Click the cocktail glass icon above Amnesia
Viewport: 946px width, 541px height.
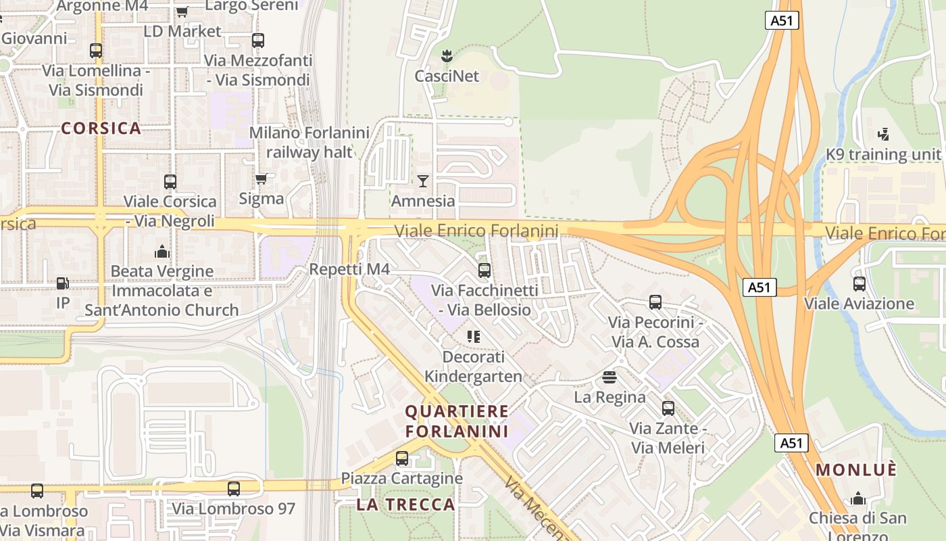(x=423, y=181)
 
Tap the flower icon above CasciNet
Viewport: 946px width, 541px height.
(x=446, y=54)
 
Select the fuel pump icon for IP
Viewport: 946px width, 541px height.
(x=62, y=283)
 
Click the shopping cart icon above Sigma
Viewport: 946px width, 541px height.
(x=261, y=179)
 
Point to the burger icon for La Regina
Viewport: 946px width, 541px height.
(x=609, y=377)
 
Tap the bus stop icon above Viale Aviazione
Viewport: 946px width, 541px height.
(x=859, y=283)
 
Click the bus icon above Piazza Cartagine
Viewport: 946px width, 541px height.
(x=402, y=458)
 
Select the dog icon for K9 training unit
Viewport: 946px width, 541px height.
(x=883, y=134)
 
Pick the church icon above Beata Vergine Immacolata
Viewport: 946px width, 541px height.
(x=161, y=252)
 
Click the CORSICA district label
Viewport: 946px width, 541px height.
(x=101, y=128)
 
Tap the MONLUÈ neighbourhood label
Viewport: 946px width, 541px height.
(x=856, y=469)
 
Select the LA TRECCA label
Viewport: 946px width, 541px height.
(x=405, y=504)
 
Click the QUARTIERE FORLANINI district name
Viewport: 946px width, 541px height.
(x=457, y=421)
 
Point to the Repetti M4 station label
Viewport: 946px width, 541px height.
(x=349, y=269)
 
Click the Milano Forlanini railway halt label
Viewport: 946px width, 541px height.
(x=309, y=142)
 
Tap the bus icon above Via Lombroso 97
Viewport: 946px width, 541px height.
(x=234, y=488)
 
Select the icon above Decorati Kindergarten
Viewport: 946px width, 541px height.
(x=473, y=336)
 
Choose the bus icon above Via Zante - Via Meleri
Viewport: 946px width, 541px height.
(x=668, y=408)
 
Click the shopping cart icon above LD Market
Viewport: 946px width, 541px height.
(x=182, y=11)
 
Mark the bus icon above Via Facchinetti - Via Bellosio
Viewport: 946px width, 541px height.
(x=484, y=270)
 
